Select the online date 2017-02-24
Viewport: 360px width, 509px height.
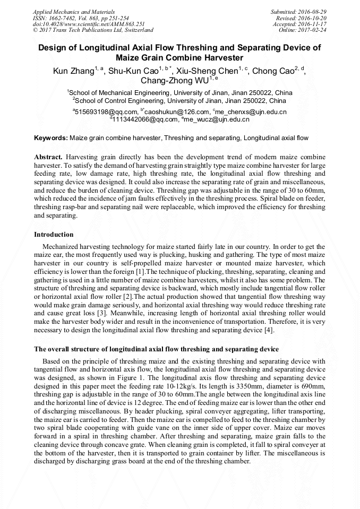tap(315, 30)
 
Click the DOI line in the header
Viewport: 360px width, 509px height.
tap(89, 24)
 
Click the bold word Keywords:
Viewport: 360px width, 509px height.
tap(51, 138)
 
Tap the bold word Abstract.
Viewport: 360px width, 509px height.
tap(48, 158)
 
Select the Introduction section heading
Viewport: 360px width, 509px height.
tap(54, 235)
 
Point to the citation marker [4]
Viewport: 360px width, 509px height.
tap(269, 331)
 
